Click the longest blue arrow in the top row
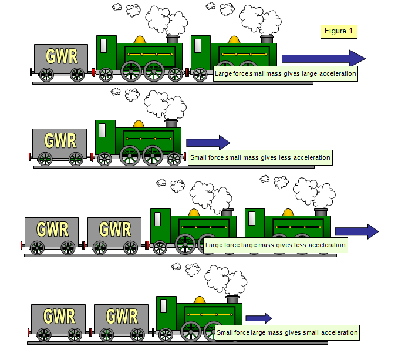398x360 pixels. pyautogui.click(x=323, y=58)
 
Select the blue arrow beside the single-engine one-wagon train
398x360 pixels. pyautogui.click(x=207, y=142)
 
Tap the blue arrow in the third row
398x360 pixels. pyautogui.click(x=357, y=231)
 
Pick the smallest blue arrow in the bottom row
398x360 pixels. pyautogui.click(x=258, y=318)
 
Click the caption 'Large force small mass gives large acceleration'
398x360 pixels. pyautogui.click(x=285, y=74)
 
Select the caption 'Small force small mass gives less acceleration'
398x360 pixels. pyautogui.click(x=260, y=157)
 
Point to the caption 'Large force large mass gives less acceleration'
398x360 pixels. pyautogui.click(x=275, y=245)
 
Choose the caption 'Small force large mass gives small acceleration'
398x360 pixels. pyautogui.click(x=287, y=332)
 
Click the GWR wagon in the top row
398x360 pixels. pyautogui.click(x=61, y=58)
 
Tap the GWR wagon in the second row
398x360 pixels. pyautogui.click(x=60, y=142)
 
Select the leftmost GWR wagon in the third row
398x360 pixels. pyautogui.click(x=52, y=230)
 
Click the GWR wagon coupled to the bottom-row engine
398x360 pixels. pyautogui.click(x=122, y=317)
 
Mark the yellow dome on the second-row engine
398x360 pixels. pyautogui.click(x=139, y=124)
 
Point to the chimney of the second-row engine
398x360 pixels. pyautogui.click(x=171, y=123)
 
